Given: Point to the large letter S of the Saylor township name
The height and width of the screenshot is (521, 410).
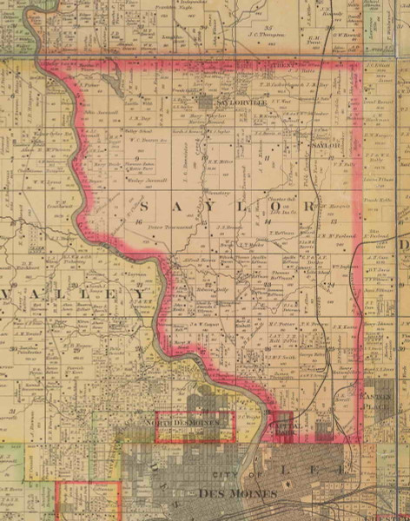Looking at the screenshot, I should (x=143, y=209).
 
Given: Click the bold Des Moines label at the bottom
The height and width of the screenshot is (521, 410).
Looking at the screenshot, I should (x=237, y=493).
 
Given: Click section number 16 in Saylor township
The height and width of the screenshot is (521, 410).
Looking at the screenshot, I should (x=138, y=223).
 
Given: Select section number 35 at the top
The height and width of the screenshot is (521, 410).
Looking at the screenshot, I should (x=269, y=29).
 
